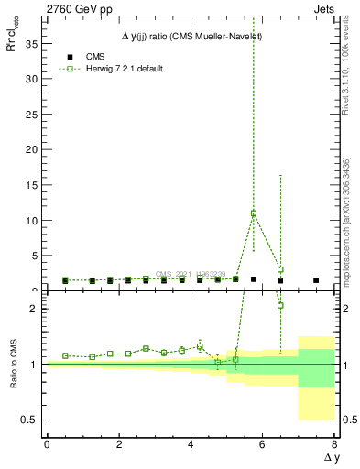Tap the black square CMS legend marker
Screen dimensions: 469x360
(64, 57)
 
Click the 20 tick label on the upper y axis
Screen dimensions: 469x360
(34, 149)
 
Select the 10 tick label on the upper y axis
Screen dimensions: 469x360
(34, 221)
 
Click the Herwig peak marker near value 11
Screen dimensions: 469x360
(254, 213)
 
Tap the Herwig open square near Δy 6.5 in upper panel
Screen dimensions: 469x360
(280, 269)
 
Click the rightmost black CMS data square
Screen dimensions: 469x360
(316, 280)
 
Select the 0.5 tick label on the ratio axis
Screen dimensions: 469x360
(33, 420)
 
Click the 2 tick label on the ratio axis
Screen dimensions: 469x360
(37, 309)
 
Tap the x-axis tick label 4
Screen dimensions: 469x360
(191, 444)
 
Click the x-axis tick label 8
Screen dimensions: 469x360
(334, 444)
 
